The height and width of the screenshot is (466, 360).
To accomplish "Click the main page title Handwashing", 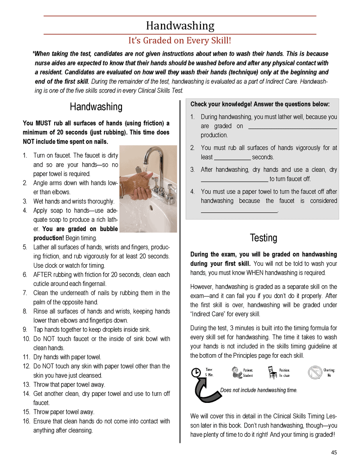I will pyautogui.click(x=180, y=26).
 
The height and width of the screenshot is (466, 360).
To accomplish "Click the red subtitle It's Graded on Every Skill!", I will pyautogui.click(x=180, y=41).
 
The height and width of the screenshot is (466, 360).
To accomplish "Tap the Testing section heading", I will pyautogui.click(x=263, y=238).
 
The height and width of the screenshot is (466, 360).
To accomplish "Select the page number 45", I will pyautogui.click(x=334, y=452).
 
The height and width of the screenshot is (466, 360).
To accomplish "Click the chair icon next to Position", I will pyautogui.click(x=272, y=372).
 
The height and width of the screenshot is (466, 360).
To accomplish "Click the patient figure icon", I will pyautogui.click(x=236, y=372).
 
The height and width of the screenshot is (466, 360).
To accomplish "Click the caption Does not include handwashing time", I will pyautogui.click(x=259, y=390).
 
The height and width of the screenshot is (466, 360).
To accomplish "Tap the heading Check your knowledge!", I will pyautogui.click(x=260, y=104).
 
